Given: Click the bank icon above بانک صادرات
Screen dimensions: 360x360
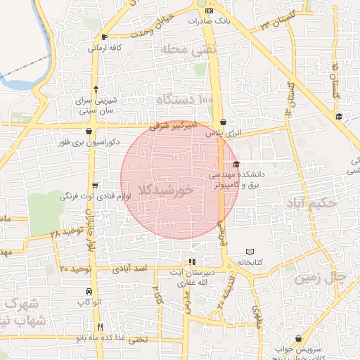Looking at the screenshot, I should point(209,11).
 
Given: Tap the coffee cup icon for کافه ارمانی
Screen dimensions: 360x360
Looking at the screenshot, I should point(105,37).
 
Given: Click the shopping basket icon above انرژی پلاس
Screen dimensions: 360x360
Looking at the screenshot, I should point(223,121).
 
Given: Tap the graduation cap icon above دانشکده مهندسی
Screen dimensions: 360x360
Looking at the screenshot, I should point(236,164).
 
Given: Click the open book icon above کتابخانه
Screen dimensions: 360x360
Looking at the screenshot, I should point(251,252).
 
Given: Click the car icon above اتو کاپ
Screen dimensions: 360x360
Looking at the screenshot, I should point(88,291).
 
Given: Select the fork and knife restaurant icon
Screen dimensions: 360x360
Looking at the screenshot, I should point(102,327).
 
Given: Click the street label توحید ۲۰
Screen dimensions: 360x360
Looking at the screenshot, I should point(75,269).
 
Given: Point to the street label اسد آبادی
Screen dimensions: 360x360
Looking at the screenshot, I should point(129,269).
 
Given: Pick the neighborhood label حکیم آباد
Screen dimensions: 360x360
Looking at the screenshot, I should point(311,203).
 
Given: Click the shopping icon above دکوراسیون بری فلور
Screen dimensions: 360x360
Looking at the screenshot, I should point(88,131).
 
